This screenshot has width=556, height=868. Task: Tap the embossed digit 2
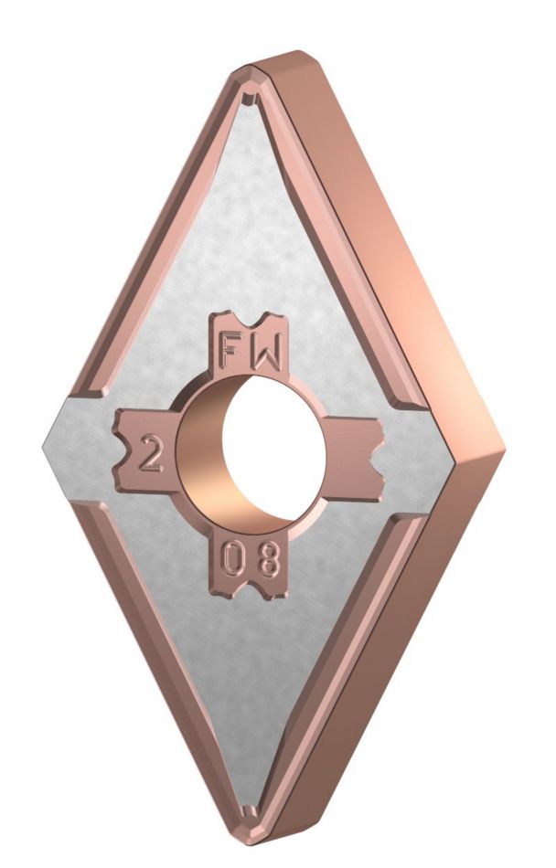coord(150,454)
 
